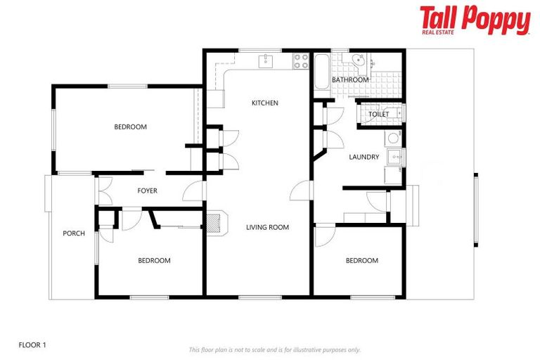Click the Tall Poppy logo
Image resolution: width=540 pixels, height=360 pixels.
point(475,20)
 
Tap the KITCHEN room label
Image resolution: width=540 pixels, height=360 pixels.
point(265,103)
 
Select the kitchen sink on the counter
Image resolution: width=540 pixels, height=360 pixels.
point(265,61)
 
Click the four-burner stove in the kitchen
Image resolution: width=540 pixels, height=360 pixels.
point(301,61)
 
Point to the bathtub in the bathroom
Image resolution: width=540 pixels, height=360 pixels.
point(320,71)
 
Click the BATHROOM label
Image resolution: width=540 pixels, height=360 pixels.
point(350,80)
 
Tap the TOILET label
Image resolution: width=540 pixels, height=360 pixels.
point(378,114)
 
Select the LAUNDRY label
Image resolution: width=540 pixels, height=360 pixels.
point(364,157)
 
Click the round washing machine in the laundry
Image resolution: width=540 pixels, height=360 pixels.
point(392,137)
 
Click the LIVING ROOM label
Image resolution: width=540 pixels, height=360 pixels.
point(267,227)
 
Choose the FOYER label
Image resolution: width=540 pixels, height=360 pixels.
point(147,191)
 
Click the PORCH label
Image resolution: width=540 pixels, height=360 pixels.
point(74,233)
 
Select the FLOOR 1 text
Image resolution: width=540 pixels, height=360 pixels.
point(32,345)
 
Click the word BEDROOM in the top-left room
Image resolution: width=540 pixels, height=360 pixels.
point(130,127)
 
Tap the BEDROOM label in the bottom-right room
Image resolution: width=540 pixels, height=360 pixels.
point(361,261)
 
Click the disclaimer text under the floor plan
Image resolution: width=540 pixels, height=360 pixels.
point(274,349)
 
